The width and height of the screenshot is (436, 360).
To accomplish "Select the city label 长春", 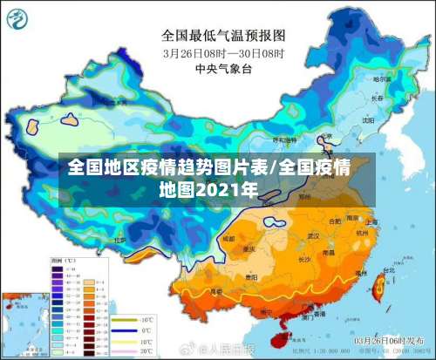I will pyautogui.click(x=378, y=98).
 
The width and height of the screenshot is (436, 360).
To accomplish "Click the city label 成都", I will pyautogui.click(x=228, y=237).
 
